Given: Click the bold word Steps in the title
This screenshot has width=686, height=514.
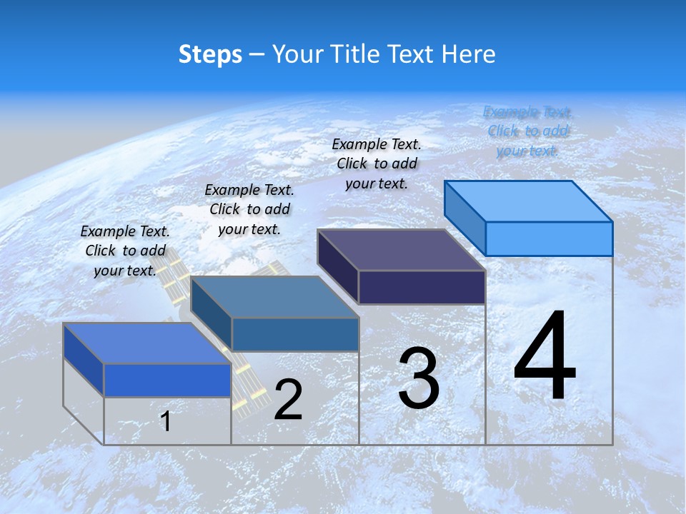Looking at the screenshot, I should [210, 54].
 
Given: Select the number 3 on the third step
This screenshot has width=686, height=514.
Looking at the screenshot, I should [419, 378].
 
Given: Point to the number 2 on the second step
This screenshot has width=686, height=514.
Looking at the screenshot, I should [288, 400].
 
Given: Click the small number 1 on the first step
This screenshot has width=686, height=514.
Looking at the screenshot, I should [166, 421].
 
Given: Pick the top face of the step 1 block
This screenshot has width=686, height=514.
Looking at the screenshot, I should [147, 343].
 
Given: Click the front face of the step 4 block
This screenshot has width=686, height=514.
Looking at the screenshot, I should [549, 238].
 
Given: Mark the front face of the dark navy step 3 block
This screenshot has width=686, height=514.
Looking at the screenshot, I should [422, 287].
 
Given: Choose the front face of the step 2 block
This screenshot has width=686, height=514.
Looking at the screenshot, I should [295, 334].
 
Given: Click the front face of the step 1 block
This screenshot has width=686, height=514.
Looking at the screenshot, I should [167, 380].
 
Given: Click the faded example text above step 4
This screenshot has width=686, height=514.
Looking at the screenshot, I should [527, 131].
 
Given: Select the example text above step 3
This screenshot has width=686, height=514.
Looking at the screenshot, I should [377, 164].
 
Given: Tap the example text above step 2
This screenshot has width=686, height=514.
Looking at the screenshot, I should [249, 210].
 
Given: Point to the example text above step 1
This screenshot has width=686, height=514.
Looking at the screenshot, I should [125, 251].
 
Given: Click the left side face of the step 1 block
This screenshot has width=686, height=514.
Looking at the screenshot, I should [84, 358].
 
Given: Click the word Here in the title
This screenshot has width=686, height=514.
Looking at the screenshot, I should [470, 54].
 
